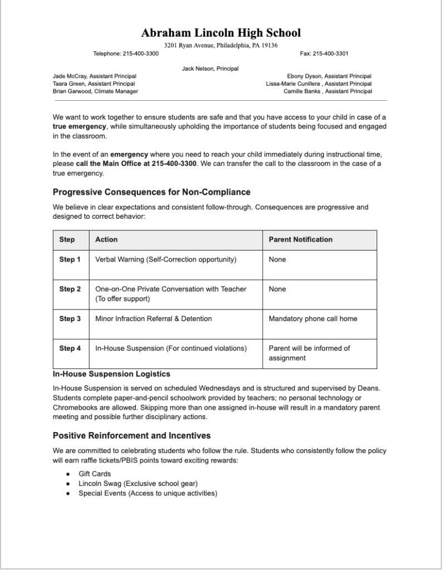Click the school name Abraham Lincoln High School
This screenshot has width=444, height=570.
click(x=221, y=33)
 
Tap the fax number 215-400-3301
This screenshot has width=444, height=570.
click(x=324, y=53)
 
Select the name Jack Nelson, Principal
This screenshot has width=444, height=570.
click(x=210, y=68)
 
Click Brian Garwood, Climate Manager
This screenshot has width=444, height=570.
click(x=95, y=91)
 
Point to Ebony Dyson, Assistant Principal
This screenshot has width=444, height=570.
click(x=329, y=76)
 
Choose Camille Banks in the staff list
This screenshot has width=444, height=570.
click(x=328, y=91)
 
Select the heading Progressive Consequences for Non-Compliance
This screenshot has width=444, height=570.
click(x=151, y=192)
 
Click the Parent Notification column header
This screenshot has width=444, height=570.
click(x=300, y=239)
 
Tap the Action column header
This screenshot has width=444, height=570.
click(x=106, y=239)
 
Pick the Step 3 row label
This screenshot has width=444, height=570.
click(x=70, y=319)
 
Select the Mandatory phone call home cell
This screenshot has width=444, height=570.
click(x=313, y=319)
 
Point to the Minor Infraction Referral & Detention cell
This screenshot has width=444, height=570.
click(x=154, y=319)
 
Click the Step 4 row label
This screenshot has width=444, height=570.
click(x=70, y=348)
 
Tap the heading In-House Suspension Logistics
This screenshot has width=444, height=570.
click(x=111, y=374)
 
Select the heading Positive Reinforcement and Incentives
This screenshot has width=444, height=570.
click(x=131, y=435)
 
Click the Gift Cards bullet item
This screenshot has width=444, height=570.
click(x=95, y=474)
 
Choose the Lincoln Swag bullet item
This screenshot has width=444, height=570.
click(x=138, y=483)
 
